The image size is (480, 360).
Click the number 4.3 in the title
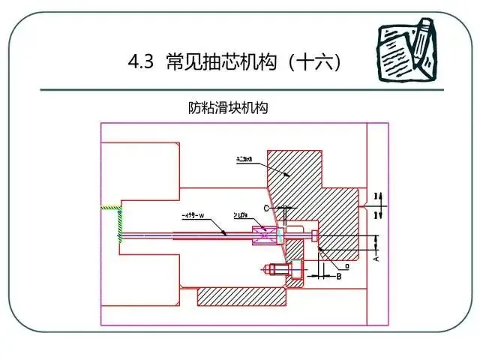[140, 63]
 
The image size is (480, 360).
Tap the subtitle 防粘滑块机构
[228, 107]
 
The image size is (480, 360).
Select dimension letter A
[376, 257]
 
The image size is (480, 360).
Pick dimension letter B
[338, 276]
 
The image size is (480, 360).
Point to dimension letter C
[265, 207]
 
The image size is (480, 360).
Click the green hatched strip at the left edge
[119, 221]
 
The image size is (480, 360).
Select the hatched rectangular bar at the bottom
[241, 297]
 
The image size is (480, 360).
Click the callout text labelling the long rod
[199, 217]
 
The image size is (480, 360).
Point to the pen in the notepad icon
[422, 37]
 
